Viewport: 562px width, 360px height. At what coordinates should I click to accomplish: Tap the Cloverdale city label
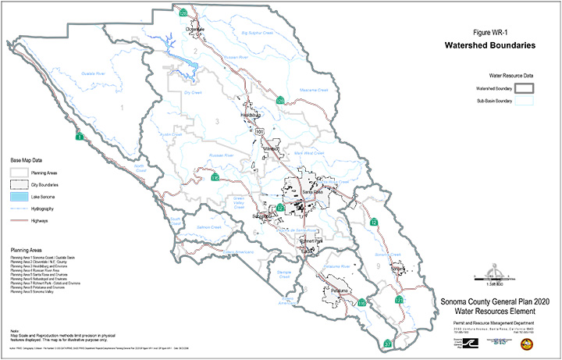tap(194, 29)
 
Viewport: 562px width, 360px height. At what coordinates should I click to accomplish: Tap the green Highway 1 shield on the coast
tap(79, 137)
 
